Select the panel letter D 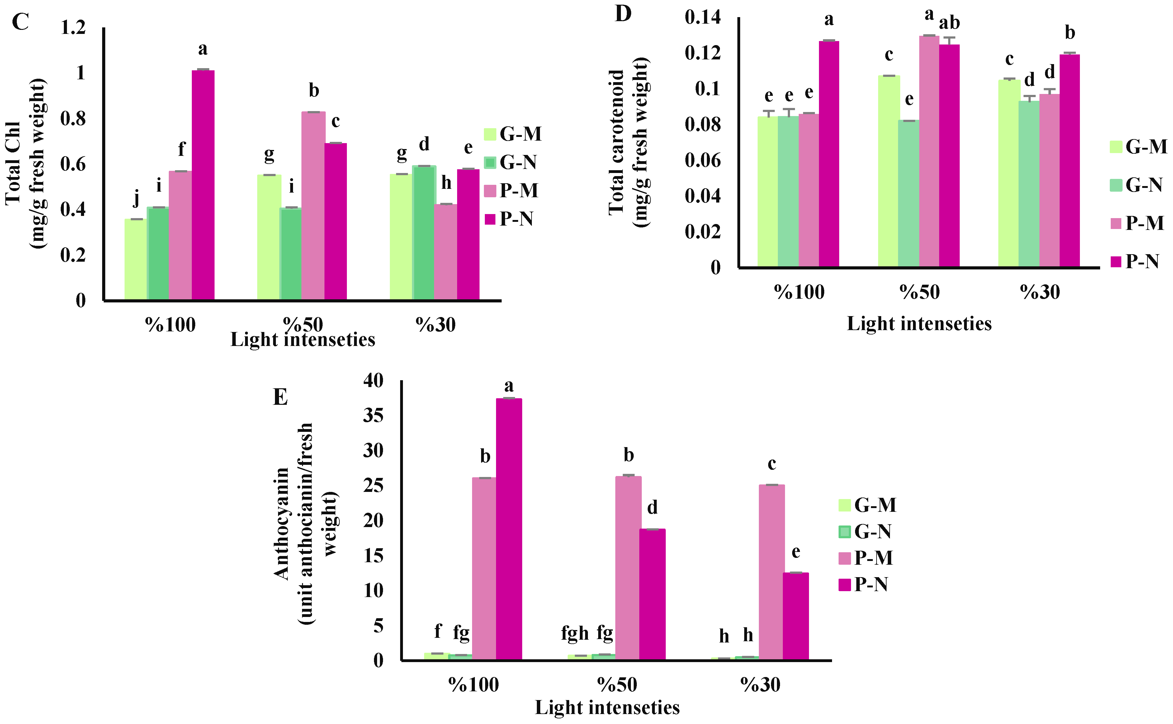[623, 14]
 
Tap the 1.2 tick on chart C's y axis [73, 28]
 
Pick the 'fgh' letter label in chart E [575, 633]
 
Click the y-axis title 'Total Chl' [13, 163]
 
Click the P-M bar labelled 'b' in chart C [313, 206]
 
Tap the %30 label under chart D [1039, 292]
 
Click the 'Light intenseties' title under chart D [919, 324]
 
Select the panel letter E [280, 397]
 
